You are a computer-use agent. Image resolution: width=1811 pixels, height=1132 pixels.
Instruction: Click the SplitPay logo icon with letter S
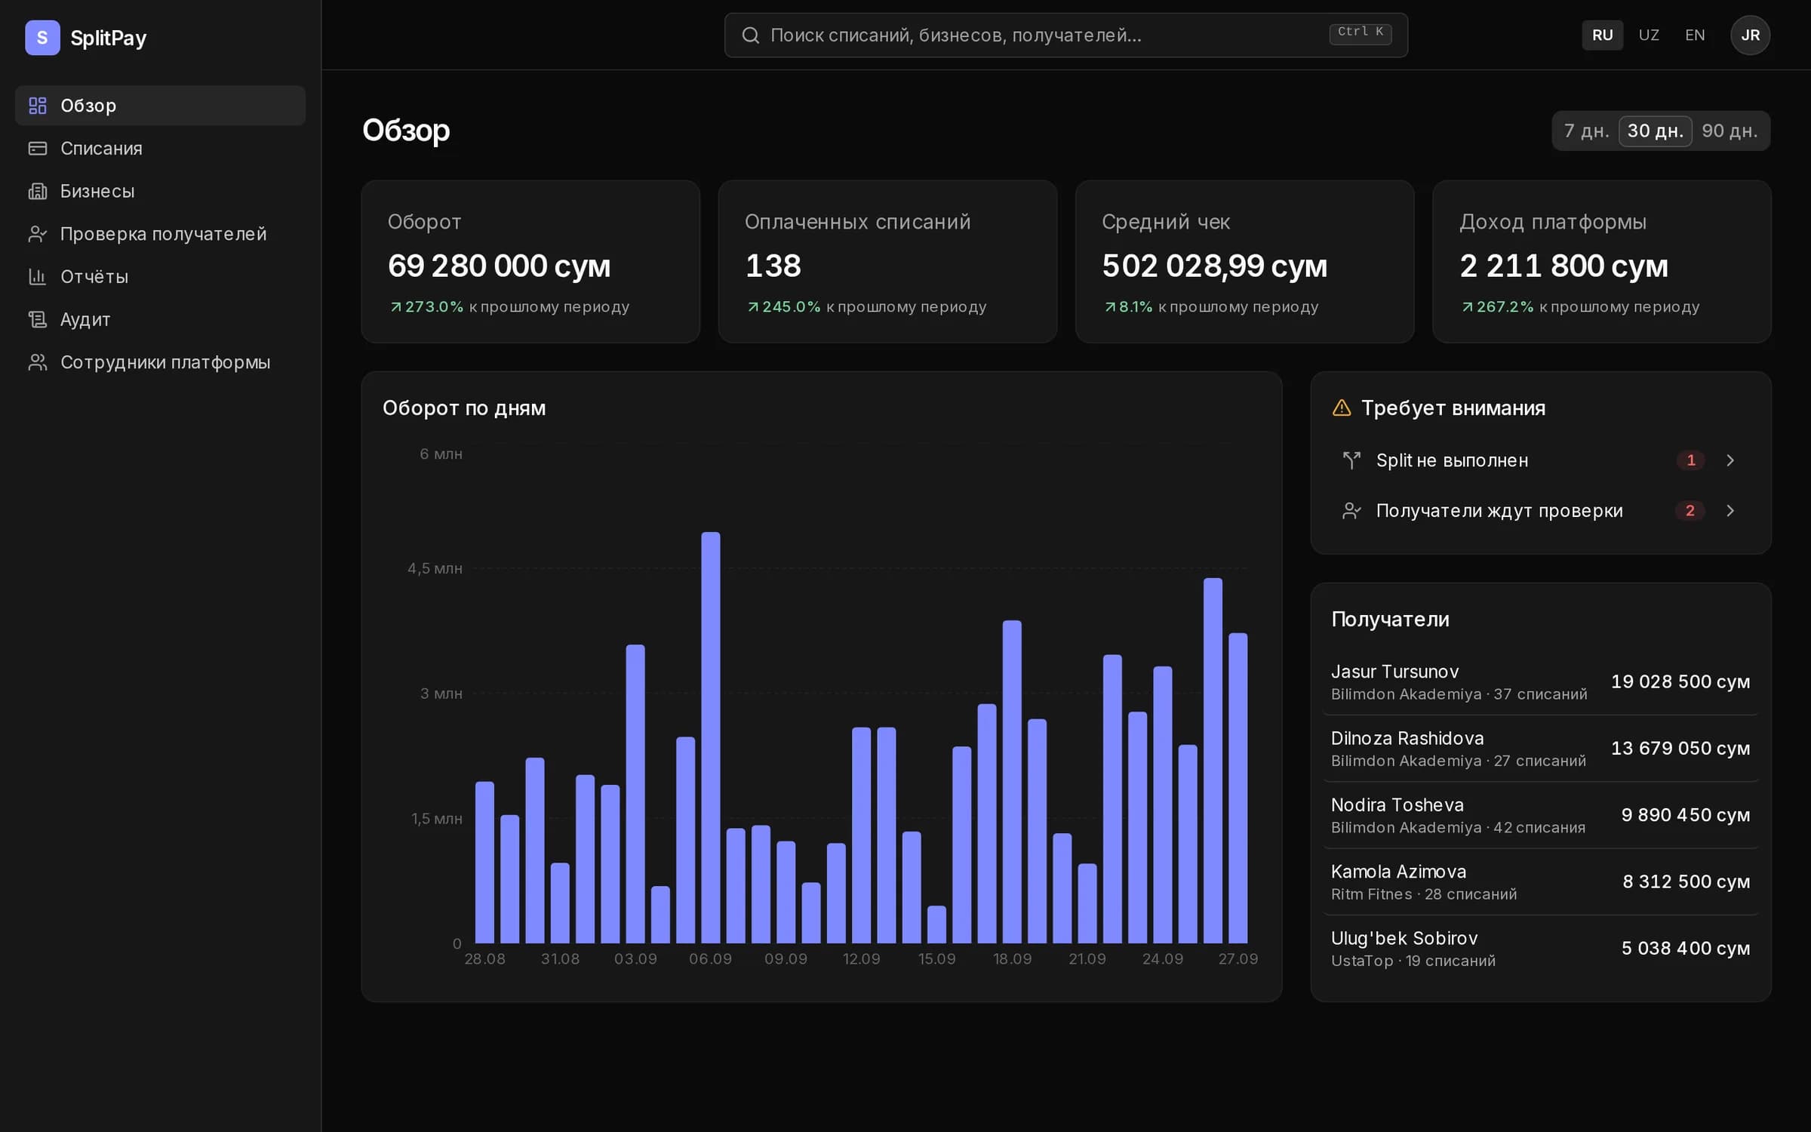click(42, 38)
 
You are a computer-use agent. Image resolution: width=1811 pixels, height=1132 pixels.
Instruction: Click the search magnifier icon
click(750, 35)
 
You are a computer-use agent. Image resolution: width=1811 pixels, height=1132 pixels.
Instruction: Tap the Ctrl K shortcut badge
click(1360, 32)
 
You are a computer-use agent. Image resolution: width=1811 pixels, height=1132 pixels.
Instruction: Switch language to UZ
click(1649, 35)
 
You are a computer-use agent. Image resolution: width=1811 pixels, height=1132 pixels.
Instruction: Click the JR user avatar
click(1750, 35)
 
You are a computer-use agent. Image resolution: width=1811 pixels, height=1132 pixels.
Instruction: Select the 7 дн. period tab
click(1586, 131)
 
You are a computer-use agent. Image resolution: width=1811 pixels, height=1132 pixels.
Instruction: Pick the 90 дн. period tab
click(1730, 131)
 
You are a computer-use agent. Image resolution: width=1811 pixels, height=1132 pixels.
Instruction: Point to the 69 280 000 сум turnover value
click(499, 266)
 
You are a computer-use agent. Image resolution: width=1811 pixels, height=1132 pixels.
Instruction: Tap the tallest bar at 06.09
click(711, 737)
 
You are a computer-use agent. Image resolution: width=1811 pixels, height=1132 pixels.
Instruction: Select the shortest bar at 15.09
click(936, 924)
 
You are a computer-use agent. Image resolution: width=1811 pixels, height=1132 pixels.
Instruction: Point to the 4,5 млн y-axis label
click(435, 568)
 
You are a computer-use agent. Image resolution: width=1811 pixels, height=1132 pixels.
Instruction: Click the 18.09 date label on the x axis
click(1012, 959)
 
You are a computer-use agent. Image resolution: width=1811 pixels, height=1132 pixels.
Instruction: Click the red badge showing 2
click(1690, 511)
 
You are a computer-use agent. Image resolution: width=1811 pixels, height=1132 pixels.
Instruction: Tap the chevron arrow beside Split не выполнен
click(1730, 460)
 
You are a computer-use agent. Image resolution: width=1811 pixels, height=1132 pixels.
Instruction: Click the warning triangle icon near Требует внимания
click(1342, 408)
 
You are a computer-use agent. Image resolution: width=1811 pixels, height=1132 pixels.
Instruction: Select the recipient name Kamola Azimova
click(1398, 872)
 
